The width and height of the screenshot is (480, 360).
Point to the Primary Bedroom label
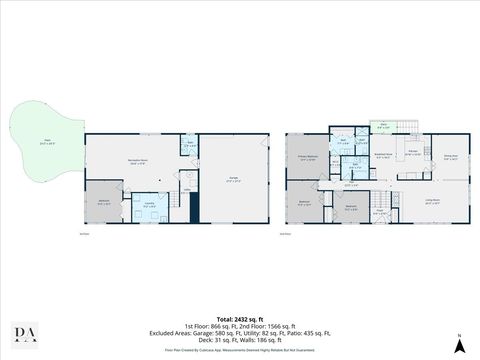click(x=308, y=158)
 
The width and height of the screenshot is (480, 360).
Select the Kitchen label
click(x=412, y=153)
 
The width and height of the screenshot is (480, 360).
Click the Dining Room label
click(x=450, y=157)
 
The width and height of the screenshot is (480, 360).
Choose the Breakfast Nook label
click(x=384, y=157)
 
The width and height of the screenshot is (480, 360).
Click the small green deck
click(x=384, y=126)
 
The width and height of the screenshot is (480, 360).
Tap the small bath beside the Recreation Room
click(x=189, y=146)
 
